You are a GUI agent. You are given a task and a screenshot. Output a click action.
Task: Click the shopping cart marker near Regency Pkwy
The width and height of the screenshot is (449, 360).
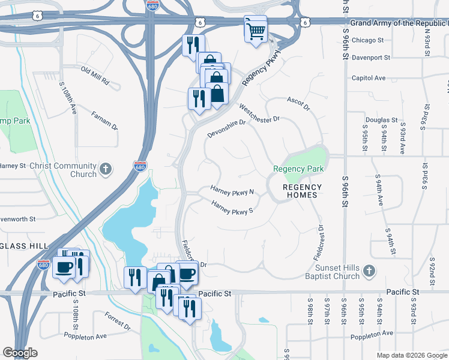(x=256, y=29)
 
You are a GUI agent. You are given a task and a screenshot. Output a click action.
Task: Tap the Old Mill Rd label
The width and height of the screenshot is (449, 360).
(x=95, y=75)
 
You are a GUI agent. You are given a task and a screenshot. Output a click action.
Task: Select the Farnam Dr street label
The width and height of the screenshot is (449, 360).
(x=105, y=120)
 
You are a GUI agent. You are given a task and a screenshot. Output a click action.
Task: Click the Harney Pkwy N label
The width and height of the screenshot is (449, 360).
(x=233, y=191)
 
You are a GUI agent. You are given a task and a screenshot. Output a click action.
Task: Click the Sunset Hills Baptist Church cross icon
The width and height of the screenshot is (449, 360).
(x=369, y=272)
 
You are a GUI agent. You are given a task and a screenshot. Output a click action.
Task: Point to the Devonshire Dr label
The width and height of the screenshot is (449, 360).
(x=227, y=127)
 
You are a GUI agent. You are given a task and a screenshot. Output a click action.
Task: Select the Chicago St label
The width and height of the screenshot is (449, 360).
(x=367, y=40)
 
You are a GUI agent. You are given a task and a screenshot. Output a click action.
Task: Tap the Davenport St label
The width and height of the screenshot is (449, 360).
(x=370, y=58)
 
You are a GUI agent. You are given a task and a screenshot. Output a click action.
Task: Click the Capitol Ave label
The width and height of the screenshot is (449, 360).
(x=368, y=78)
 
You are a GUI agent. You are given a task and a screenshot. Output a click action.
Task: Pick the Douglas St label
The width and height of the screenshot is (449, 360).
(x=381, y=120)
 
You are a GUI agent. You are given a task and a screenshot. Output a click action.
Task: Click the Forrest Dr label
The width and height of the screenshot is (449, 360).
(x=117, y=321)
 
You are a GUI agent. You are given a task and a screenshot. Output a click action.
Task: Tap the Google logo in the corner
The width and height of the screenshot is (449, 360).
(x=20, y=353)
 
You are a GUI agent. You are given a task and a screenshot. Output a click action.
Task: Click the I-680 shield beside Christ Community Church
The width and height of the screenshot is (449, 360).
(x=140, y=165)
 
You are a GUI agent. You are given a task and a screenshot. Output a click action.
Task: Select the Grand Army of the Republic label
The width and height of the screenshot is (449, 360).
(x=399, y=23)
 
